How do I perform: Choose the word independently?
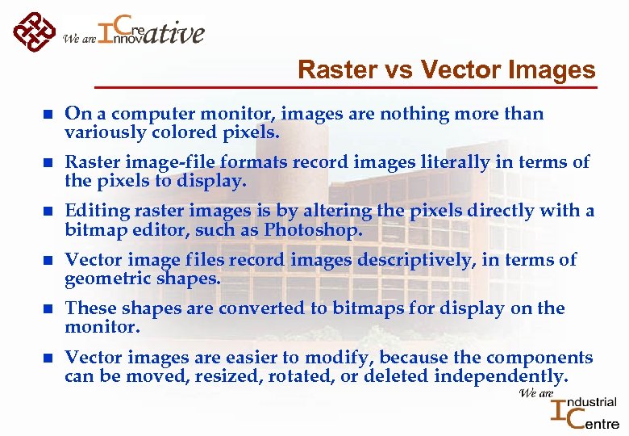[500, 376]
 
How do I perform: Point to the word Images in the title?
[552, 70]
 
